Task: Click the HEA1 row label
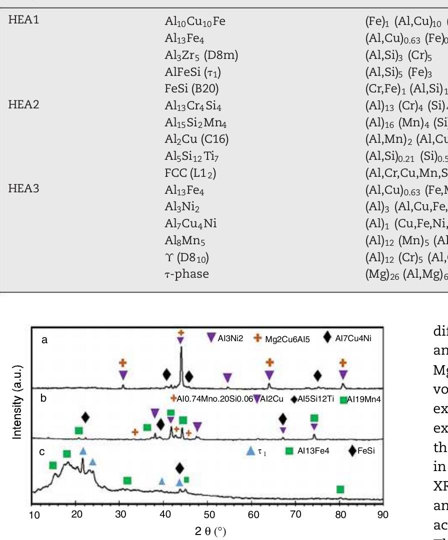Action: click(x=23, y=21)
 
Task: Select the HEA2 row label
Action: click(x=23, y=105)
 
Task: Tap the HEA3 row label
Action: click(x=23, y=189)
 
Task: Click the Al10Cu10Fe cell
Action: click(x=195, y=21)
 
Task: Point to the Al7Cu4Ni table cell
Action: click(x=191, y=223)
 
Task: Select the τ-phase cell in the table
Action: click(x=187, y=274)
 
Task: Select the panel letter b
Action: click(x=44, y=399)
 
